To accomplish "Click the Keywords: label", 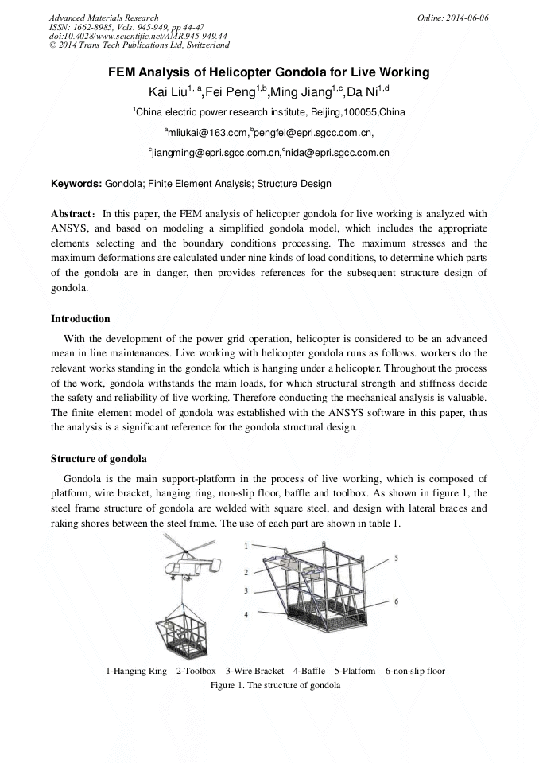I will click(x=76, y=184).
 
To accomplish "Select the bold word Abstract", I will click(x=73, y=215).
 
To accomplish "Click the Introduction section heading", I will click(x=80, y=319).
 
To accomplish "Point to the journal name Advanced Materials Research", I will click(x=104, y=18).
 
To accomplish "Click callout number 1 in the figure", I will click(x=246, y=546).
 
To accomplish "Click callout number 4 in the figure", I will click(x=246, y=615).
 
